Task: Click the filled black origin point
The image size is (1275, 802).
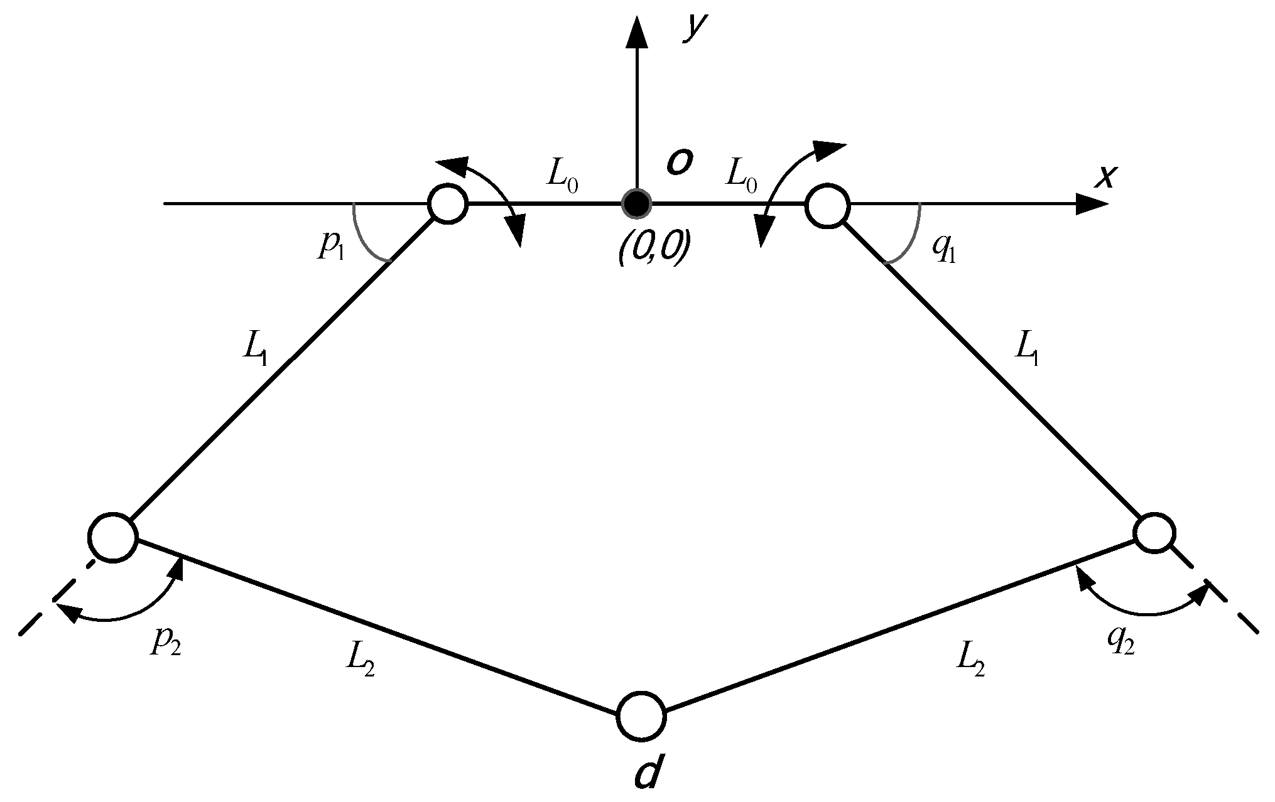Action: [637, 203]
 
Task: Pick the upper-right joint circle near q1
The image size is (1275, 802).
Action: [827, 205]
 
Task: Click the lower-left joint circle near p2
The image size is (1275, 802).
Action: [113, 537]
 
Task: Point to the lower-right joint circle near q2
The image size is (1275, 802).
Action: [1154, 533]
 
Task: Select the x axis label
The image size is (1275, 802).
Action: [1104, 178]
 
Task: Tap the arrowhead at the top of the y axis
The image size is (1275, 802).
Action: [637, 31]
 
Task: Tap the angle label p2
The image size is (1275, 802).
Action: [165, 644]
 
